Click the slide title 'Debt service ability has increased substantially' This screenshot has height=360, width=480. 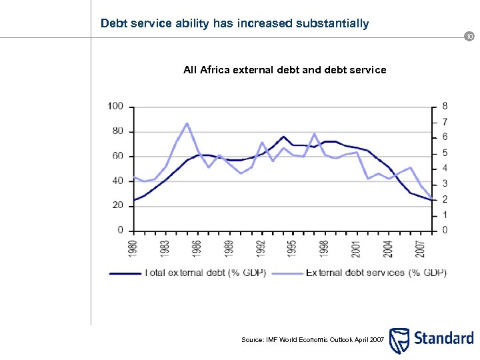[x=234, y=24]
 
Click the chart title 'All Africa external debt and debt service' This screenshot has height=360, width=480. [x=285, y=69]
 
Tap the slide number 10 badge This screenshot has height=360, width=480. [x=470, y=37]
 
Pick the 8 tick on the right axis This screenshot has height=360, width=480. [x=445, y=107]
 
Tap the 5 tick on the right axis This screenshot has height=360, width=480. [x=445, y=153]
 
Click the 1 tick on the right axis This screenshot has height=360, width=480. [x=445, y=215]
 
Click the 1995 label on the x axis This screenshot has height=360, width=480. [x=292, y=247]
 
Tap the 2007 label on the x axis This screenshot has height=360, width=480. [x=419, y=247]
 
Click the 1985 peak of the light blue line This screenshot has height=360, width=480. [x=187, y=123]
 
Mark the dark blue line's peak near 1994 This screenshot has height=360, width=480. [x=283, y=137]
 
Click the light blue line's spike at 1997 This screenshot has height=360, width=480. [x=314, y=134]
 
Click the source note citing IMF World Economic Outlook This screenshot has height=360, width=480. [x=312, y=340]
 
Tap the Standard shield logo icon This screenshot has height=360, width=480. [x=399, y=340]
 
